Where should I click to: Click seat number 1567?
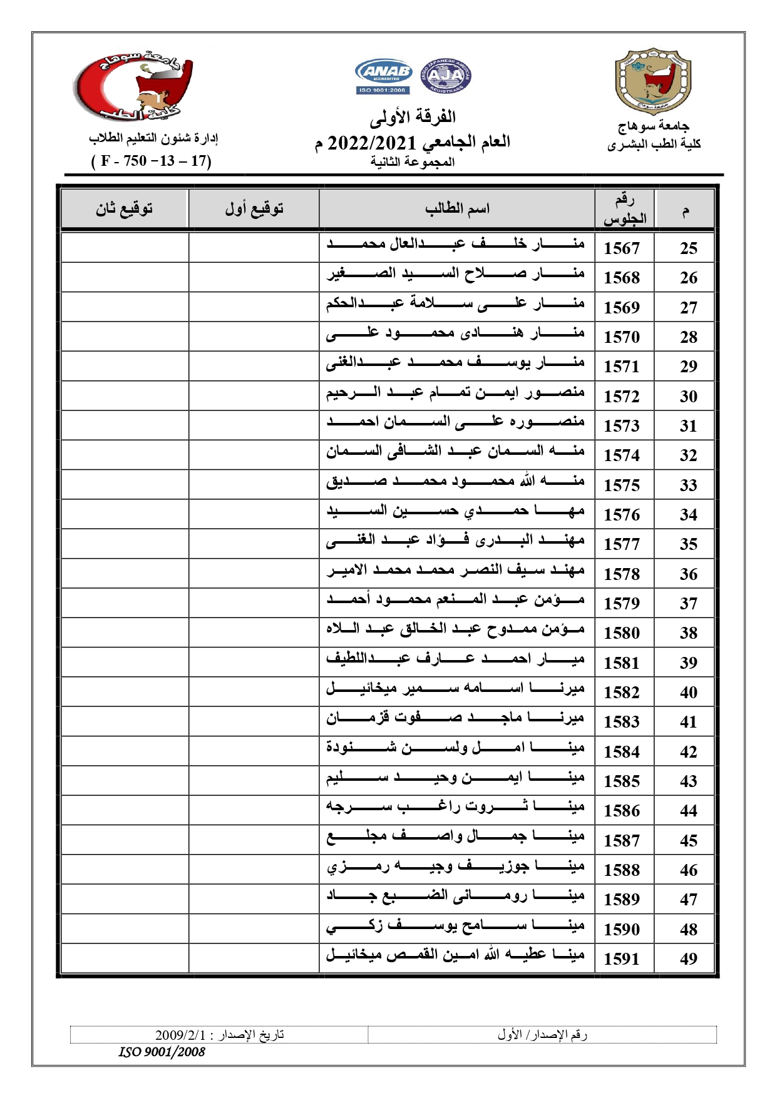[x=622, y=248]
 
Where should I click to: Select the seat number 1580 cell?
[x=622, y=633]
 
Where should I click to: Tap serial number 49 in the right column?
[x=688, y=959]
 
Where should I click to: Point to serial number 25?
[x=688, y=248]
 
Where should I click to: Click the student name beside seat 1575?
[x=455, y=482]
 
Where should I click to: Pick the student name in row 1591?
[x=455, y=956]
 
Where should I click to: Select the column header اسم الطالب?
[x=456, y=209]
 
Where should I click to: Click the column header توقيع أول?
[x=254, y=209]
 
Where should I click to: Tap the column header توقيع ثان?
[x=124, y=209]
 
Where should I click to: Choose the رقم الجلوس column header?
[x=624, y=209]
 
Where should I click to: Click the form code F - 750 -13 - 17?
[x=152, y=161]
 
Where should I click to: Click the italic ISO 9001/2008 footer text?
[x=162, y=1052]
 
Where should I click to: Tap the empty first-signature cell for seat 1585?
[x=254, y=781]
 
